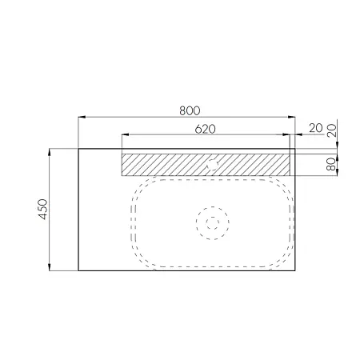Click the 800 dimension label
pos(190,110)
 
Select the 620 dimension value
pos(205,129)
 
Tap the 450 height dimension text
pos(43,209)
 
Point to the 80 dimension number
pos(330,164)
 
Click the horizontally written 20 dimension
pos(316,128)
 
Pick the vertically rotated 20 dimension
pos(332,130)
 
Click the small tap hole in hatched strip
pos(213,164)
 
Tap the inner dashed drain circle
pos(213,223)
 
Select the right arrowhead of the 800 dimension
pos(292,117)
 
